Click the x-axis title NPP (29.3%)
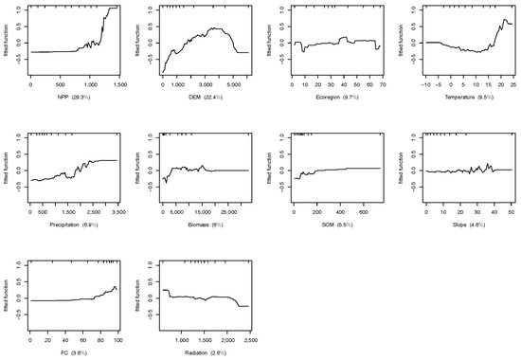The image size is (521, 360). pyautogui.click(x=75, y=99)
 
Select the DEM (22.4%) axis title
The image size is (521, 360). pyautogui.click(x=205, y=99)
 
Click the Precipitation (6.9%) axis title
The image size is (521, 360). pyautogui.click(x=75, y=225)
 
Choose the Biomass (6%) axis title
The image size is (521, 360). pyautogui.click(x=205, y=225)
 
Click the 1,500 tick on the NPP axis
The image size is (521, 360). pyautogui.click(x=118, y=85)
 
